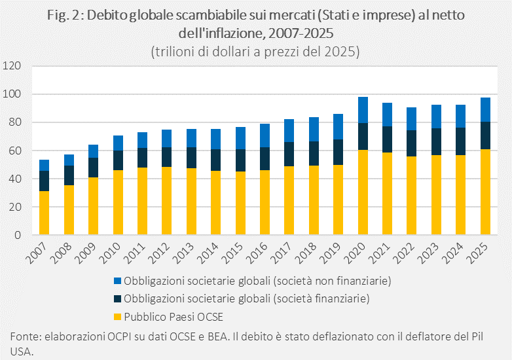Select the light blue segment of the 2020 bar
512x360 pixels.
coord(363,110)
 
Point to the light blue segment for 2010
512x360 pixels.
coord(118,143)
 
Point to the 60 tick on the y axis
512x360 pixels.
coord(16,151)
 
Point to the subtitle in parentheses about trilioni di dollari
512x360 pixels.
coord(255,51)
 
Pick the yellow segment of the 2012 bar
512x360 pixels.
coord(167,201)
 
